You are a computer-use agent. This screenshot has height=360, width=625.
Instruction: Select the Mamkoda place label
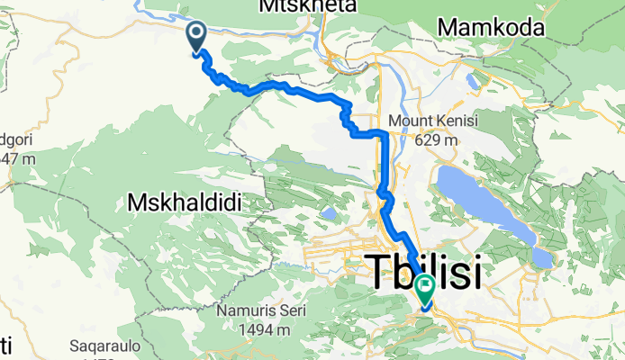pos(491,29)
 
